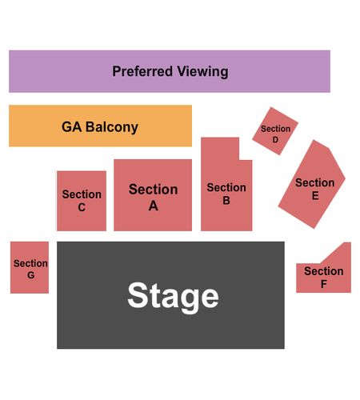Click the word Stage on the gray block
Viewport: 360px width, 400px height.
point(173,297)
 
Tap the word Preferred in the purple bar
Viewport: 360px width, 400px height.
point(142,71)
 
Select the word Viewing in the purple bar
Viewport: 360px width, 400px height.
point(202,72)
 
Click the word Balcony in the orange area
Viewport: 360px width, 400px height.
point(112,127)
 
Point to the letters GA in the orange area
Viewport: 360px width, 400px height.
point(71,127)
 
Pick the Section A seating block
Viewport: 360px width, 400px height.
point(153,195)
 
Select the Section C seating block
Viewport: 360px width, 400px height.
point(82,201)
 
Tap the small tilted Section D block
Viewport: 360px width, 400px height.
point(275,131)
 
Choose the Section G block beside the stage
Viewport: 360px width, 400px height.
point(30,267)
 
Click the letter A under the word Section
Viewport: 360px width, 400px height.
point(154,206)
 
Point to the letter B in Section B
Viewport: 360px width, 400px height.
point(226,200)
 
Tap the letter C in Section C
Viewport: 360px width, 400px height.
point(82,207)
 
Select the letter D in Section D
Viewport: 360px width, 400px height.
point(275,139)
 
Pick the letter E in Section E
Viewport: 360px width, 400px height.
point(315,196)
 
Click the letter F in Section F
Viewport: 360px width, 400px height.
point(324,284)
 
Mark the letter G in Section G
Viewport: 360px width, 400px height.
point(31,275)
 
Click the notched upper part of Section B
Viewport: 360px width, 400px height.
point(220,149)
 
